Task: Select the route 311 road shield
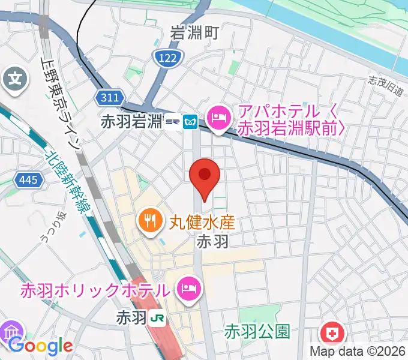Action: tap(110, 97)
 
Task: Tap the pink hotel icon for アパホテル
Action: tap(217, 116)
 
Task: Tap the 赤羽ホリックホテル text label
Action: tap(95, 291)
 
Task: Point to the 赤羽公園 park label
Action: tap(258, 331)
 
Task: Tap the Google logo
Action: tap(41, 346)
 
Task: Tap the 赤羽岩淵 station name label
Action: tap(131, 122)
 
